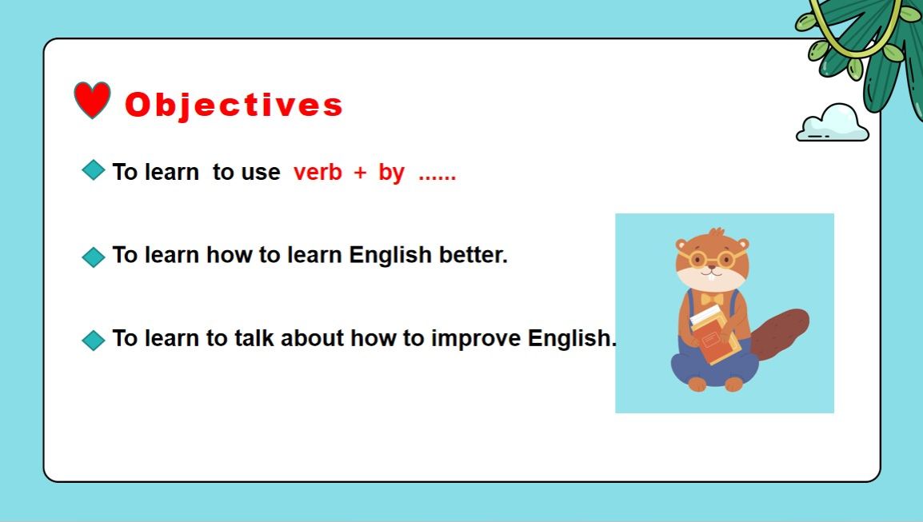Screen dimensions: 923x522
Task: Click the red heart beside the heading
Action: [92, 99]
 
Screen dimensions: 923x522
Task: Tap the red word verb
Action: [318, 172]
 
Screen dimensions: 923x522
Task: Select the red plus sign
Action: [360, 173]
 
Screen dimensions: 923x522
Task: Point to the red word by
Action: [391, 173]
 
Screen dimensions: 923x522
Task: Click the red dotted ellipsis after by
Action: [437, 177]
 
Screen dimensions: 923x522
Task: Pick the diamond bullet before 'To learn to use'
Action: [94, 169]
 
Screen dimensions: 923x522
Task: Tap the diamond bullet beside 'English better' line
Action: [94, 257]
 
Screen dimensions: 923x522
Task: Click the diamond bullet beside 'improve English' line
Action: [94, 340]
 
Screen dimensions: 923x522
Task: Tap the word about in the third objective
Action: [312, 338]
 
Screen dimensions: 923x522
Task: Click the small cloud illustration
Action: [833, 122]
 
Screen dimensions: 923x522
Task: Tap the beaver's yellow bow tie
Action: [712, 299]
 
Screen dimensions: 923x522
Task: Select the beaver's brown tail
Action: [780, 333]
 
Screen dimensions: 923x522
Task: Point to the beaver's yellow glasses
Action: [711, 259]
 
